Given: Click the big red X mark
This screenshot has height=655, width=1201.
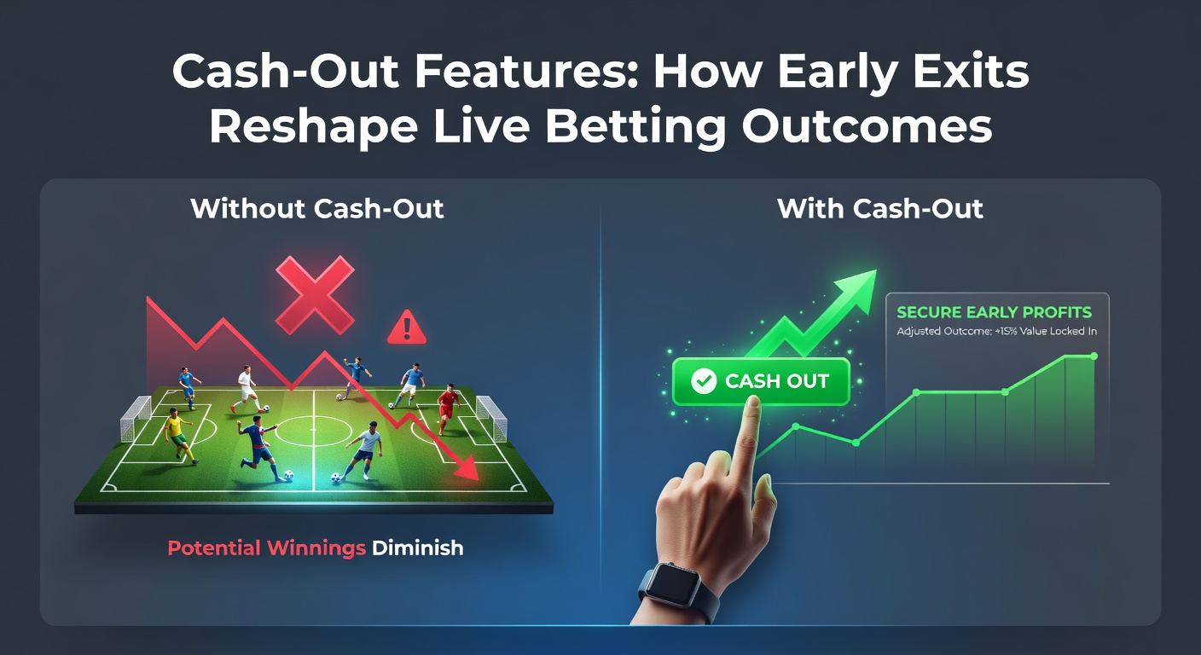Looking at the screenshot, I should (315, 295).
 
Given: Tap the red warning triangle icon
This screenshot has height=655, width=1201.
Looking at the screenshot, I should (406, 328).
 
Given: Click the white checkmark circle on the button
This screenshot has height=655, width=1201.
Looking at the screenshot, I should (703, 381).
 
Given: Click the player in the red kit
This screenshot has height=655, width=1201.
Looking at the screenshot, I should (447, 407).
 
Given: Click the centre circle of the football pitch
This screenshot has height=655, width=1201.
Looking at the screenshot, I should (314, 428).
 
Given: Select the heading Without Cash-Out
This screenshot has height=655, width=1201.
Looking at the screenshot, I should (317, 209).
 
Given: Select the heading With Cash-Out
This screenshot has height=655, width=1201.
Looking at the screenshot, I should (880, 209).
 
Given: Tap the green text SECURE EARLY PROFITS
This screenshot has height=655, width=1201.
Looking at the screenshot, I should (994, 312).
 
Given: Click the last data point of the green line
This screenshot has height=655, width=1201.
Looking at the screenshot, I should (1094, 356).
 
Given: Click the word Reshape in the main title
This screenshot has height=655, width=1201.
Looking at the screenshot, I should (313, 127).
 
